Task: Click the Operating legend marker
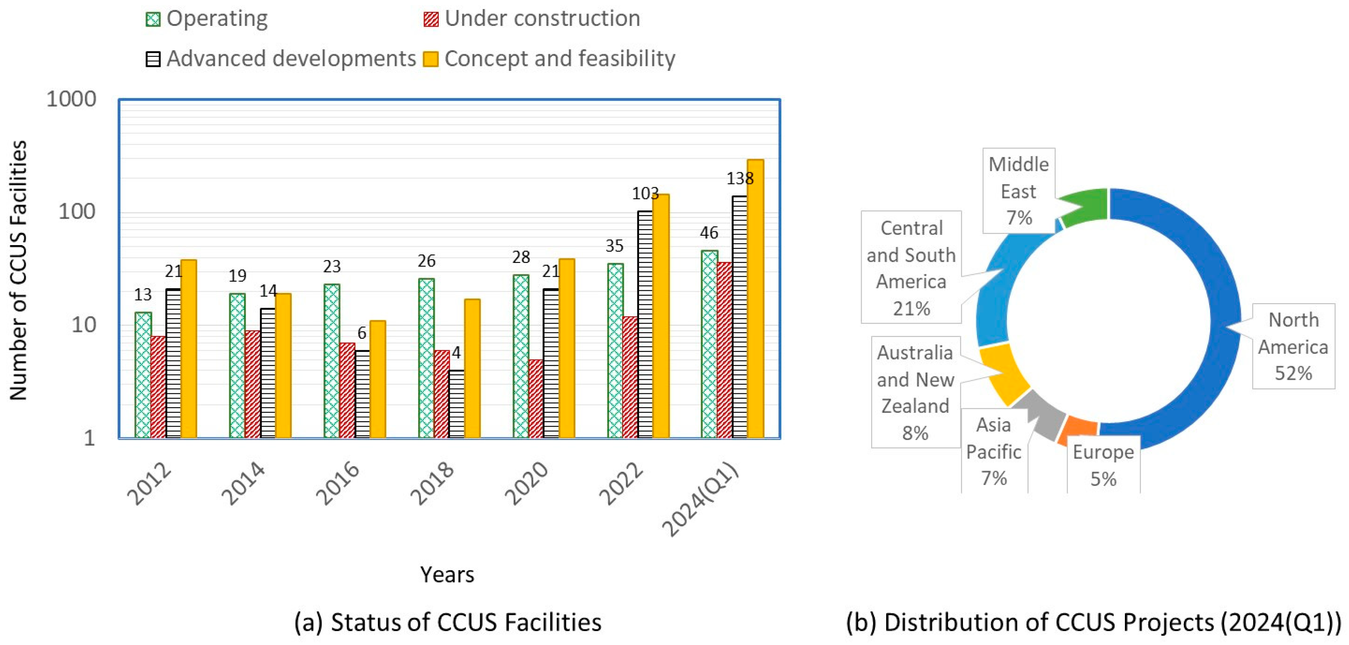153,20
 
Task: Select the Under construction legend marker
430,20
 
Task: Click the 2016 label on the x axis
338,483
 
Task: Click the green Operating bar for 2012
143,375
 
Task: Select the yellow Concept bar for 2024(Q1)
755,299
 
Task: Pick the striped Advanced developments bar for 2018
456,403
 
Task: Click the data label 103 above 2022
645,194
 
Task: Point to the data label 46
709,233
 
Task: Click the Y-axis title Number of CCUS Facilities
19,270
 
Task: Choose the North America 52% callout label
1293,346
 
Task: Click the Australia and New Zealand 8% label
915,393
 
